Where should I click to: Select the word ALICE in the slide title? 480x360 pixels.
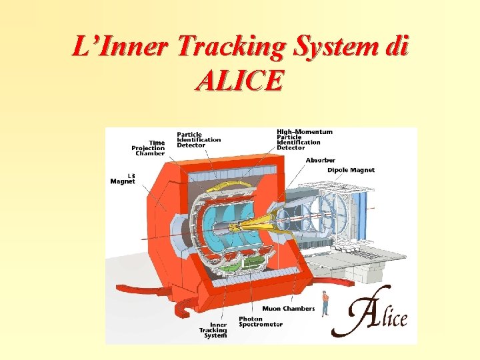[x=239, y=81]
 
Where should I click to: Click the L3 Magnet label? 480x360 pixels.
[x=123, y=178]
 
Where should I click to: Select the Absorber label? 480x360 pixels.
[x=320, y=160]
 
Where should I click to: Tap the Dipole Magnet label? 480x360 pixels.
[x=351, y=170]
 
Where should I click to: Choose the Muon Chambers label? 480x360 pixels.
[x=289, y=309]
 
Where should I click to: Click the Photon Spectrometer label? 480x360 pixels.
[x=261, y=321]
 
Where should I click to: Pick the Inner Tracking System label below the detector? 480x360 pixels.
[x=213, y=330]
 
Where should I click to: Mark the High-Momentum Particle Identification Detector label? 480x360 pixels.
[x=304, y=139]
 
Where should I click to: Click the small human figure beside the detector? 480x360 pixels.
[x=325, y=303]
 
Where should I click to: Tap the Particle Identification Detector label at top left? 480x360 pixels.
[x=198, y=139]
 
